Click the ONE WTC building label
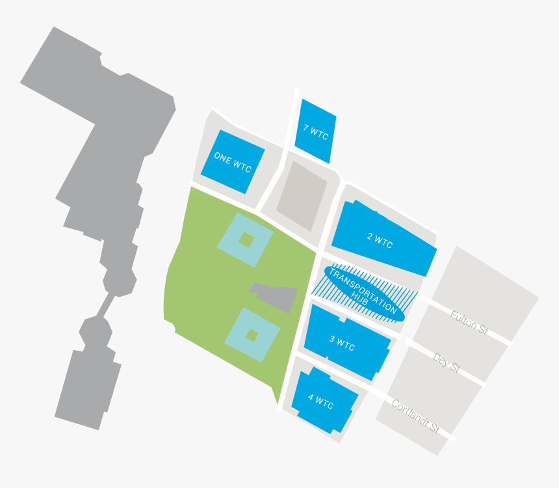coord(232,162)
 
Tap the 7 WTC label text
coord(316,132)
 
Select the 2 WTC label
coord(380,241)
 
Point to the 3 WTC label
coord(342,343)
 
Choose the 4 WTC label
coord(320,402)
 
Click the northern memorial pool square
coord(245,239)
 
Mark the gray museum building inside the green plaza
coord(276,297)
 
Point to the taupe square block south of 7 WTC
coord(302,195)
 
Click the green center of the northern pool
coord(245,239)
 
